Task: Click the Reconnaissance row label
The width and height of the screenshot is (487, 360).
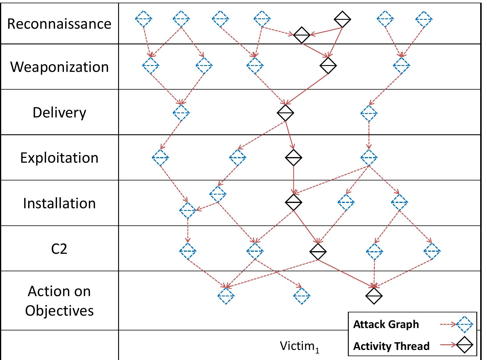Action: point(59,24)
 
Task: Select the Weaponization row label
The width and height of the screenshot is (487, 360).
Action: point(60,67)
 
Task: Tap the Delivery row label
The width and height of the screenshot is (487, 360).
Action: point(59,112)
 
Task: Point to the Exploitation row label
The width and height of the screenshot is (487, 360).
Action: point(59,158)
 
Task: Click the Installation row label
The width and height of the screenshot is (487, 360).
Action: point(59,203)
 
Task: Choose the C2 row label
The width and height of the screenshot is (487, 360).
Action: point(59,249)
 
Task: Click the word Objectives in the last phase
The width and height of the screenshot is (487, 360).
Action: point(59,310)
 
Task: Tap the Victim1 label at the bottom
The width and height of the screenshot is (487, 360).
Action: point(300,346)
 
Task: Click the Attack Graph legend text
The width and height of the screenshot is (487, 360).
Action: point(386,325)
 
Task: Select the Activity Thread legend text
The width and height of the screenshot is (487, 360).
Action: point(391,346)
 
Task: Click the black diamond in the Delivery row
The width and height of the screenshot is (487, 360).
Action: point(285,113)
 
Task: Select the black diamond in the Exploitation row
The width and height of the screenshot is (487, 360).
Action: point(293,157)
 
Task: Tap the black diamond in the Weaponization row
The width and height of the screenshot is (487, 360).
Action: point(328,65)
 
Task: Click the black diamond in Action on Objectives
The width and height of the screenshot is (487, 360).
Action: point(374,296)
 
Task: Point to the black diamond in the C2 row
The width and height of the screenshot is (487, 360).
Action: point(318,251)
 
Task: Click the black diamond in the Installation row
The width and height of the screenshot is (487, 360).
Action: point(293,202)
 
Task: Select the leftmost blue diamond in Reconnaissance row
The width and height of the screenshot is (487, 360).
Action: point(144,19)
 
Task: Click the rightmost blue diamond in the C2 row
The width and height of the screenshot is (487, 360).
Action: point(432,251)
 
